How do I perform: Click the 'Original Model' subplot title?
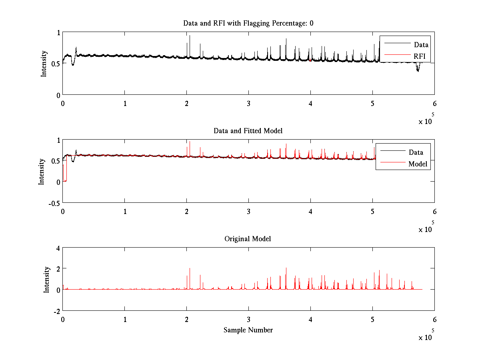pos(248,239)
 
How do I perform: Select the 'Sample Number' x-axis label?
pos(248,330)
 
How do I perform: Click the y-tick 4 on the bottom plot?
pos(58,248)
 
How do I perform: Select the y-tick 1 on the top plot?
pos(58,33)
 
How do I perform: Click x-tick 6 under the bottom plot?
pos(434,320)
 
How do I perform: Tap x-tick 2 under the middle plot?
pos(186,211)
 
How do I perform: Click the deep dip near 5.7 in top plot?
pos(418,70)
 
